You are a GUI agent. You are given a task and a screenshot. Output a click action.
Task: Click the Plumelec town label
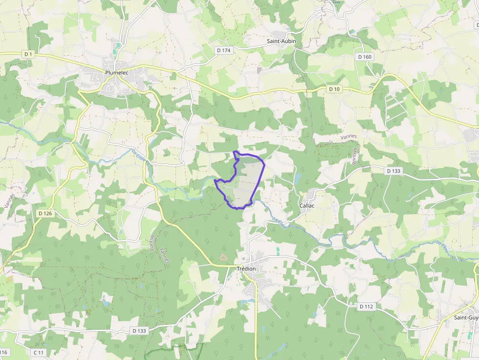pyautogui.click(x=116, y=73)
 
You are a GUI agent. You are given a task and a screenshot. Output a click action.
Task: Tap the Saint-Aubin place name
pyautogui.click(x=281, y=42)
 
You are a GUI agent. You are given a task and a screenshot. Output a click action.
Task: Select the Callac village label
pyautogui.click(x=307, y=206)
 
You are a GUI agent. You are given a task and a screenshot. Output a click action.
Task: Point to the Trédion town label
pyautogui.click(x=246, y=269)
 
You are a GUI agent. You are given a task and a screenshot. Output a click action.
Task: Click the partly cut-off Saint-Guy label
pyautogui.click(x=466, y=318)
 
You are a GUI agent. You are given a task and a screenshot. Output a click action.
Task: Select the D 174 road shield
pyautogui.click(x=223, y=50)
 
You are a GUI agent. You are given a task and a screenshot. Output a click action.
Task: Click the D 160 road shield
pyautogui.click(x=365, y=57)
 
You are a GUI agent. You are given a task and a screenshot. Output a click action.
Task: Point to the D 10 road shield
pyautogui.click(x=334, y=89)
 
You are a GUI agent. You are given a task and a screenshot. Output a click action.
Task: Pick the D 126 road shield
pyautogui.click(x=45, y=213)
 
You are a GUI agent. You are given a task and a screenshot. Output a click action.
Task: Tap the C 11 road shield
pyautogui.click(x=39, y=353)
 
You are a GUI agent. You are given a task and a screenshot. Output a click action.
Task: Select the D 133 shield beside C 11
pyautogui.click(x=139, y=331)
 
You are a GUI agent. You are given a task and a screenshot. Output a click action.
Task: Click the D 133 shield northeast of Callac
pyautogui.click(x=393, y=171)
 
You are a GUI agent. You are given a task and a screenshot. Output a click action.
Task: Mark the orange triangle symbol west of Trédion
pyautogui.click(x=223, y=256)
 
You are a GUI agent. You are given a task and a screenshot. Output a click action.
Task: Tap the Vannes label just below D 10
pyautogui.click(x=349, y=137)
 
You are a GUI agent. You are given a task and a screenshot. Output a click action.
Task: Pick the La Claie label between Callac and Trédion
pyautogui.click(x=279, y=223)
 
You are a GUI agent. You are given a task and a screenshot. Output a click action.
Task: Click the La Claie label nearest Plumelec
pyautogui.click(x=140, y=155)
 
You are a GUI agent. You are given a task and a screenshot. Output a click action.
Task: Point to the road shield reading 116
pyautogui.click(x=4, y=353)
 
